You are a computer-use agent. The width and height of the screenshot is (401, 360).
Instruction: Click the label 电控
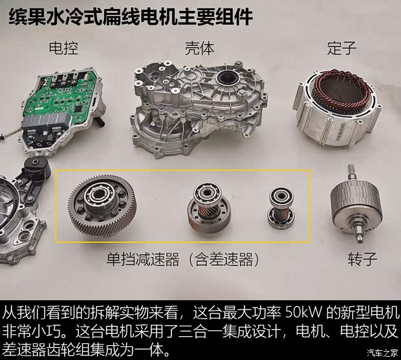click(63, 48)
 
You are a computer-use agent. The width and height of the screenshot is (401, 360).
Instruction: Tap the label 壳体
click(199, 48)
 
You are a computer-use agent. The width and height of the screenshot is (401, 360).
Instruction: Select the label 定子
click(341, 48)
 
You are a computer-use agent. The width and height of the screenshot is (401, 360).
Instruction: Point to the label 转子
click(362, 259)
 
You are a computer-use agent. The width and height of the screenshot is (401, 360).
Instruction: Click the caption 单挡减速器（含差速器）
click(183, 259)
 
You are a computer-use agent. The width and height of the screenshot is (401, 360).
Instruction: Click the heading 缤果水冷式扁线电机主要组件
click(131, 17)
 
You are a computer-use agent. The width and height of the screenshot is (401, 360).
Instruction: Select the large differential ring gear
click(102, 205)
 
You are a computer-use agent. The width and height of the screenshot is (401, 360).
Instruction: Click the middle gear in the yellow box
click(209, 208)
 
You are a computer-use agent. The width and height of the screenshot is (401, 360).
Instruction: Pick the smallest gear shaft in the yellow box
click(281, 207)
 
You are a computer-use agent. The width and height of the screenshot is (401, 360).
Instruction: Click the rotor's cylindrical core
click(356, 200)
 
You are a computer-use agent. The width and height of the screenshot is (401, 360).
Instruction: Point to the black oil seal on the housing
click(228, 78)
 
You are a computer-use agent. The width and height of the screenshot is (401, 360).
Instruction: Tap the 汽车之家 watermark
click(382, 353)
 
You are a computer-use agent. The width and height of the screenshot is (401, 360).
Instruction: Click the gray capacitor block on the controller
click(47, 120)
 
